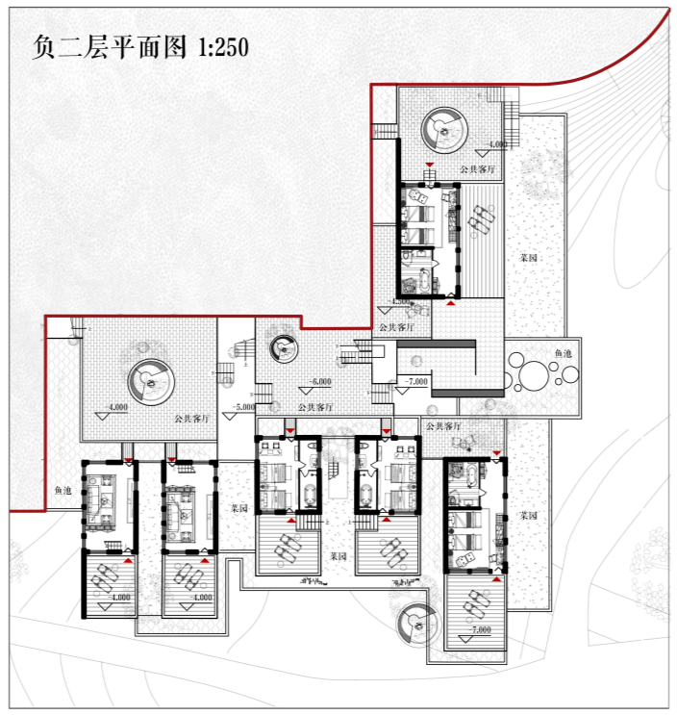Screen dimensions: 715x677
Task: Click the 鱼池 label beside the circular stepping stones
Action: click(564, 354)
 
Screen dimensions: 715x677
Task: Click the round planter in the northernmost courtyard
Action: click(445, 128)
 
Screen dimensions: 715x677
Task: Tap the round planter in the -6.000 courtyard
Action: click(284, 348)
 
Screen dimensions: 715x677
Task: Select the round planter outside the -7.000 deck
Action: click(416, 623)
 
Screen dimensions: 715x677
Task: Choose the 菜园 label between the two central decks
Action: click(338, 556)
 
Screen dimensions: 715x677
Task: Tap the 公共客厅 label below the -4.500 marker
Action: click(396, 327)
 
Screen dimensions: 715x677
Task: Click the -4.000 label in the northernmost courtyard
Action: click(496, 144)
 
